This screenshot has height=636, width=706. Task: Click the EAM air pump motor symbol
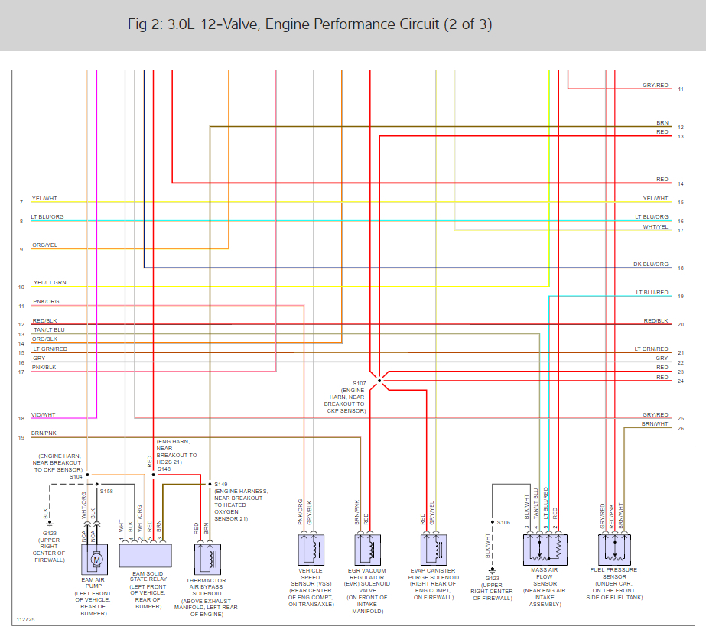coord(96,559)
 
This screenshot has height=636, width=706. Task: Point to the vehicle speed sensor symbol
coord(313,550)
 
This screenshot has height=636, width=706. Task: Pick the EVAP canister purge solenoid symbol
coord(434,550)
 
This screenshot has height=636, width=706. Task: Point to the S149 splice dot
coord(210,484)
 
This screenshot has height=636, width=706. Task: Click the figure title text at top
coord(310,24)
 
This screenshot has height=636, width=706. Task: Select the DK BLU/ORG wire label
coord(651,264)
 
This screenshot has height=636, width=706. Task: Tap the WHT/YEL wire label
coord(656,226)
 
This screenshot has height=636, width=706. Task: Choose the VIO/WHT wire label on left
coord(43,415)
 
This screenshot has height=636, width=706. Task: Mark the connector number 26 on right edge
coord(680,428)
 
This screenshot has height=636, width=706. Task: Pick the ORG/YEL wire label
coord(44,245)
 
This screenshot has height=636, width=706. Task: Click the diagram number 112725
coord(26,620)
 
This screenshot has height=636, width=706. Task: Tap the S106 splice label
coord(503,523)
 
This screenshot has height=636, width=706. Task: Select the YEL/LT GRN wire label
coord(50,283)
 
